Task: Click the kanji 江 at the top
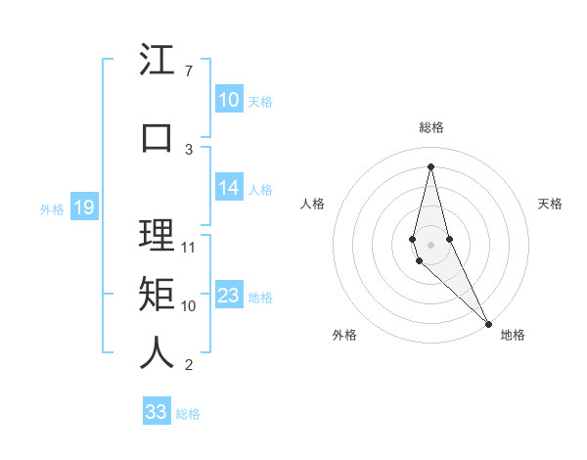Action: [x=157, y=61]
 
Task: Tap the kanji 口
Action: [x=157, y=137]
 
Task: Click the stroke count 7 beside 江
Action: [x=188, y=71]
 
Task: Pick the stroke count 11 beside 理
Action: [x=190, y=247]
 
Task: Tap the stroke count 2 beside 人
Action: [x=188, y=366]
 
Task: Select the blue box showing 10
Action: [x=228, y=100]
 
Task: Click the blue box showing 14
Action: [x=228, y=188]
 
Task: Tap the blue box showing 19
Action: [x=84, y=207]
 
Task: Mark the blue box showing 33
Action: [x=156, y=412]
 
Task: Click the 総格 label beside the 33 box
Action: [x=188, y=414]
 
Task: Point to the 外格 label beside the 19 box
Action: [x=51, y=208]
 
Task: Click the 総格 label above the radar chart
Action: [x=431, y=127]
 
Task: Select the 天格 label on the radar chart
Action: [x=550, y=204]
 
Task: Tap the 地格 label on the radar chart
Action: [x=513, y=335]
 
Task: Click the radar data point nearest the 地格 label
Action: [x=487, y=323]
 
